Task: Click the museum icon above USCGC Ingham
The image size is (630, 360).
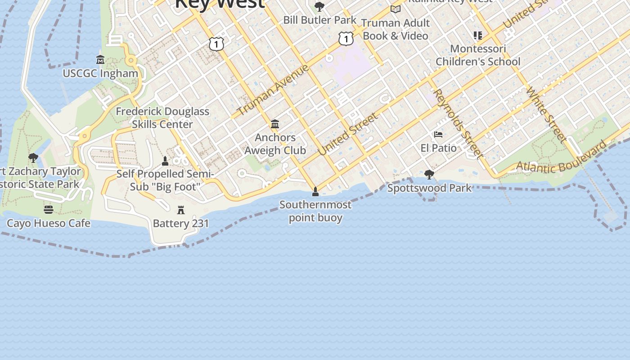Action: click(x=100, y=59)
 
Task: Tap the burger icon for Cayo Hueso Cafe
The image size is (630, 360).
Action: click(x=49, y=210)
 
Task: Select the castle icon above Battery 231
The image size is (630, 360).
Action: click(x=181, y=210)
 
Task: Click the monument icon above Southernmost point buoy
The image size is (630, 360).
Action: click(x=315, y=192)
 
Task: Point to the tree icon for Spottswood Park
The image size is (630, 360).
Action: click(x=429, y=174)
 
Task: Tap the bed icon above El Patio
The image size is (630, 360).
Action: click(x=438, y=134)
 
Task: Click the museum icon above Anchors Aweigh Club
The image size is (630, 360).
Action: click(x=275, y=124)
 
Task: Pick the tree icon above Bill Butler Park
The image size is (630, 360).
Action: click(x=319, y=7)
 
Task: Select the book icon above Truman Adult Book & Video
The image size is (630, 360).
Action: click(x=396, y=9)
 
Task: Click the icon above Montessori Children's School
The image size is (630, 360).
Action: click(x=478, y=35)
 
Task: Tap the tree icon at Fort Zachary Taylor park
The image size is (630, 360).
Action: click(x=33, y=157)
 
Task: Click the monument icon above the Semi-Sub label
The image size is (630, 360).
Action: click(x=165, y=161)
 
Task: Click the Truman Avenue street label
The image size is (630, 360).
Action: click(x=273, y=90)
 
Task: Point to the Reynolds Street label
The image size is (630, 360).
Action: click(x=458, y=123)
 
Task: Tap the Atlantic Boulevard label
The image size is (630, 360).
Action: click(x=562, y=159)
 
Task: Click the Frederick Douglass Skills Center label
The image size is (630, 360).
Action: click(x=162, y=117)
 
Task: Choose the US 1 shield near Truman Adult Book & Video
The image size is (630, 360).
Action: click(x=346, y=39)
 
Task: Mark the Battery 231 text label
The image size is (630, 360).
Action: click(x=181, y=223)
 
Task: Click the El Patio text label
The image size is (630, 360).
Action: click(x=438, y=148)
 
